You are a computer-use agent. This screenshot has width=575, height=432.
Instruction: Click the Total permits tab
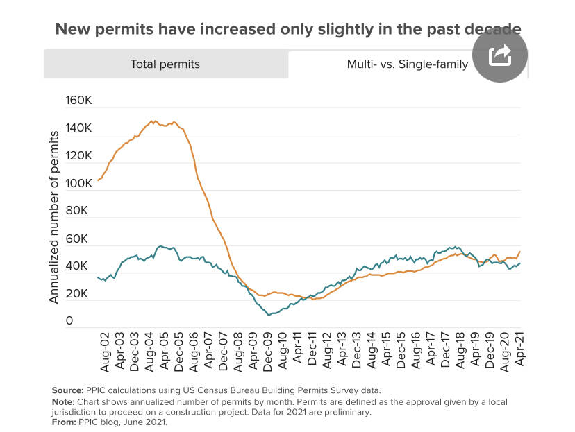165,64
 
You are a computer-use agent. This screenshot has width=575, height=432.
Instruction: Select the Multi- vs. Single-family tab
408,64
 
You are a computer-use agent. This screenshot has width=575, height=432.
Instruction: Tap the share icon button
500,55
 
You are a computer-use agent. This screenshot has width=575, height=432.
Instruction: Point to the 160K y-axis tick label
78,101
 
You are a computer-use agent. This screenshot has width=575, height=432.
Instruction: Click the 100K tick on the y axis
78,184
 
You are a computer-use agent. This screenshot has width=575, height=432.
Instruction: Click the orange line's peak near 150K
153,121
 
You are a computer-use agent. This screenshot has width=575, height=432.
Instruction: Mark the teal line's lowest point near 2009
269,315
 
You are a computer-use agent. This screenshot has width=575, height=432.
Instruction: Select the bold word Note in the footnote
64,401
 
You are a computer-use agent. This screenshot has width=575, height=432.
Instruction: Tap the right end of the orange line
520,251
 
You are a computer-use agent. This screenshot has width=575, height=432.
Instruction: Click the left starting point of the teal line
98,277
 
